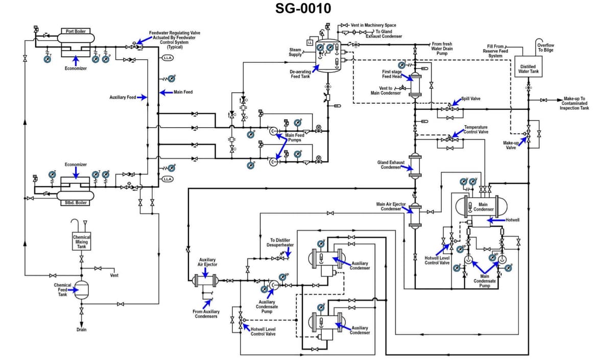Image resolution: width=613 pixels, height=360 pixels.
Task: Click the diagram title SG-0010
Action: (x=303, y=9)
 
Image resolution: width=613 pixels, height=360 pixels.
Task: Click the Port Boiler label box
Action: (x=76, y=31)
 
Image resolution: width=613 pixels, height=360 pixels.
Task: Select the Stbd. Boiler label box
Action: (x=76, y=203)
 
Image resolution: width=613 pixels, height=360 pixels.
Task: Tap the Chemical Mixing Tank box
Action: (x=81, y=242)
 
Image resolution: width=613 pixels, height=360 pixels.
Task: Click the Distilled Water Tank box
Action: (x=528, y=69)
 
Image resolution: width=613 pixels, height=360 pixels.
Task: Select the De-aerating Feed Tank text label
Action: (x=300, y=74)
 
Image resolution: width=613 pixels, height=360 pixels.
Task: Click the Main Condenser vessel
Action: (x=483, y=207)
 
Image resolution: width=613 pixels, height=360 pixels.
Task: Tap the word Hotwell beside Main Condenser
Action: (x=512, y=220)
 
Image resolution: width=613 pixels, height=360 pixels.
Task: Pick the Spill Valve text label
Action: (x=470, y=99)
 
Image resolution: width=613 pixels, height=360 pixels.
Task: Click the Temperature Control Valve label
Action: (x=476, y=129)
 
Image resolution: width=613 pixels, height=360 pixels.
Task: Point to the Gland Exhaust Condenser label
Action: (x=391, y=164)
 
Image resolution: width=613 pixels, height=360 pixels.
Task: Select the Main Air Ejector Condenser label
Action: (x=391, y=206)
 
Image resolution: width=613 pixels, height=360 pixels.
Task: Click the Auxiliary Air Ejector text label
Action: (x=207, y=262)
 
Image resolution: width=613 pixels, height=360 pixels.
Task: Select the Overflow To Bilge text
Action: (x=546, y=47)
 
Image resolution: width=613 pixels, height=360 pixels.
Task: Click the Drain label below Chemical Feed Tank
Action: (x=81, y=330)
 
